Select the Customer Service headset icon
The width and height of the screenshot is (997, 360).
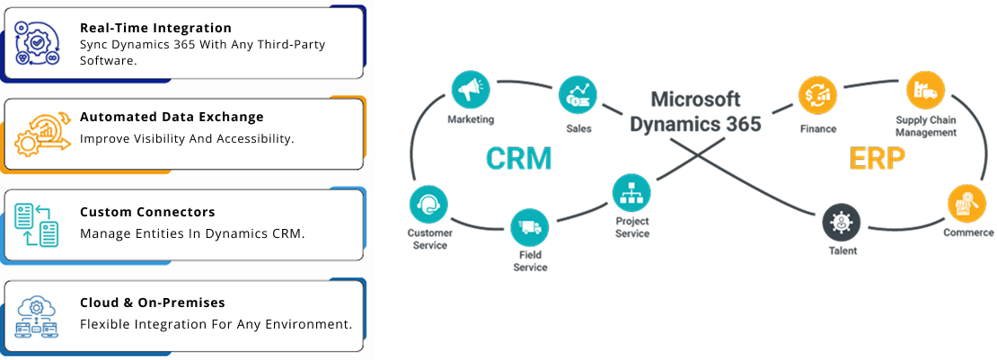428,204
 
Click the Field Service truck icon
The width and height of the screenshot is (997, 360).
530,227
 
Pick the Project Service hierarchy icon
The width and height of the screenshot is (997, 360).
631,192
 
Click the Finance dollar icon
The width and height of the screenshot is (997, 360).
818,94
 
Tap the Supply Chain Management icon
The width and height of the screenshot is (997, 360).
925,91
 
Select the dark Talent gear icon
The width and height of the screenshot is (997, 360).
842,221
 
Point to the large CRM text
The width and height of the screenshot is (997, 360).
518,159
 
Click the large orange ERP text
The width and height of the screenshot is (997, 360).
877,159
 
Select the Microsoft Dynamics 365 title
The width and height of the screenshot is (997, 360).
695,111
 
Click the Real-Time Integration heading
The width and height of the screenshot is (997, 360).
155,28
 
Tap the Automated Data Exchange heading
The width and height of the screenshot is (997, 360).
172,117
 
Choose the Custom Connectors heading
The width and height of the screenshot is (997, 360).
147,212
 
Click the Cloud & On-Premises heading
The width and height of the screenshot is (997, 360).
152,303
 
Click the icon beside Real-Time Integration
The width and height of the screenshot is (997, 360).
37,43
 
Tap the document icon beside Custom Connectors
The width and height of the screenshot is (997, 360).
37,224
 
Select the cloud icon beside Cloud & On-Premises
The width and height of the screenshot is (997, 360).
37,315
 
